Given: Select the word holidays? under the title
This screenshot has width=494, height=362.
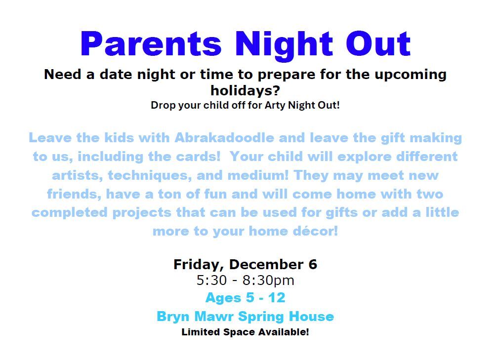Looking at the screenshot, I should (246, 91).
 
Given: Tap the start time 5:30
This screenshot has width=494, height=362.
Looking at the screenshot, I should (212, 281).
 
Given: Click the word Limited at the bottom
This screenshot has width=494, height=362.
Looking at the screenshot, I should (201, 332).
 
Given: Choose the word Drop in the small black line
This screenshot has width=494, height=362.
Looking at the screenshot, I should (162, 105).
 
